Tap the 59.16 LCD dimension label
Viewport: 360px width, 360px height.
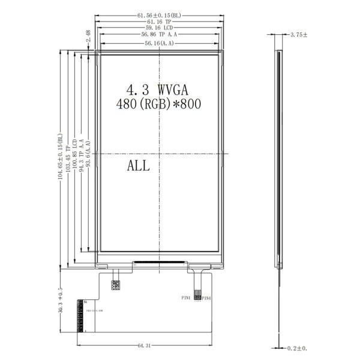point(159,28)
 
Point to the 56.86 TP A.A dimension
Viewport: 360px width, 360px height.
point(159,35)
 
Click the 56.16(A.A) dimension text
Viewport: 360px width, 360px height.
point(159,44)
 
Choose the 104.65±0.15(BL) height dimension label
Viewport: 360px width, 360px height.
point(60,158)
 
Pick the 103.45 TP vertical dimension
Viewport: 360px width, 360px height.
point(68,158)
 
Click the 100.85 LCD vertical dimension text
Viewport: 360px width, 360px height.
point(75,158)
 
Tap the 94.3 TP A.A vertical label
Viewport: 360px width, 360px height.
point(82,158)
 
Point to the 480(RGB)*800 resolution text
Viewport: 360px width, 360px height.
point(158,104)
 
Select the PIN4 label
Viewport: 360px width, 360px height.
point(206,298)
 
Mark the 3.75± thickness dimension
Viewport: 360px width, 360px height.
point(298,35)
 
